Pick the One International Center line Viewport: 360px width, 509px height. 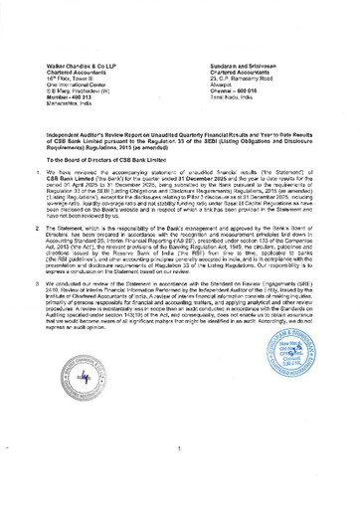coord(80,85)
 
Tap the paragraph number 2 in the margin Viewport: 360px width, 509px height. coord(51,228)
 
